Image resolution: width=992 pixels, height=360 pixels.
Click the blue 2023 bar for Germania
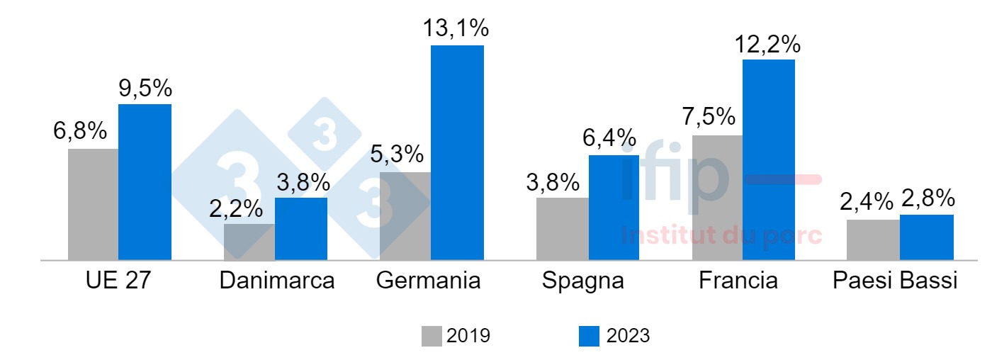457,152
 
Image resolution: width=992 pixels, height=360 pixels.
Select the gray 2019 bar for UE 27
93,204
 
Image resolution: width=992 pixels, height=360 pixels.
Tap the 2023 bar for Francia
769,159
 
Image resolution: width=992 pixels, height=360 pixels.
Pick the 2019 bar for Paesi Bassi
873,240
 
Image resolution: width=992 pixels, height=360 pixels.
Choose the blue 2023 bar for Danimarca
301,228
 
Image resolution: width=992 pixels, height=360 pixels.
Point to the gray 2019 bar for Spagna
562,228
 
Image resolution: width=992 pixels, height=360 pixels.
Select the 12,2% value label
767,44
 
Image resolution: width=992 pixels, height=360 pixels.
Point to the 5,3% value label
397,154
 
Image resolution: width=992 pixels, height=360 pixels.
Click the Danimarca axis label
276,281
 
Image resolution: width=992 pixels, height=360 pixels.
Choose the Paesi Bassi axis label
895,281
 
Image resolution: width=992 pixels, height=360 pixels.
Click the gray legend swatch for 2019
431,336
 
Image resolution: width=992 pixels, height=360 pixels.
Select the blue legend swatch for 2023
589,336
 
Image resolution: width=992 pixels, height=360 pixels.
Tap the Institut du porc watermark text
721,235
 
